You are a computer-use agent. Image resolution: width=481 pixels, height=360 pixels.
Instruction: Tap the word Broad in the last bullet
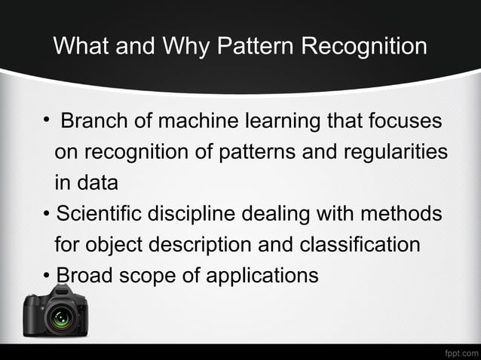pyautogui.click(x=84, y=276)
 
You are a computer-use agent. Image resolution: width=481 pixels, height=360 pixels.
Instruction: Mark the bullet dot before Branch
pyautogui.click(x=47, y=121)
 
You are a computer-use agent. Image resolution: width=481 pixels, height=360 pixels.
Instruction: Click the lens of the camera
pyautogui.click(x=59, y=318)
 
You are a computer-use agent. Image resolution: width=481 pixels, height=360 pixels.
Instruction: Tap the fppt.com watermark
pyautogui.click(x=460, y=352)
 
